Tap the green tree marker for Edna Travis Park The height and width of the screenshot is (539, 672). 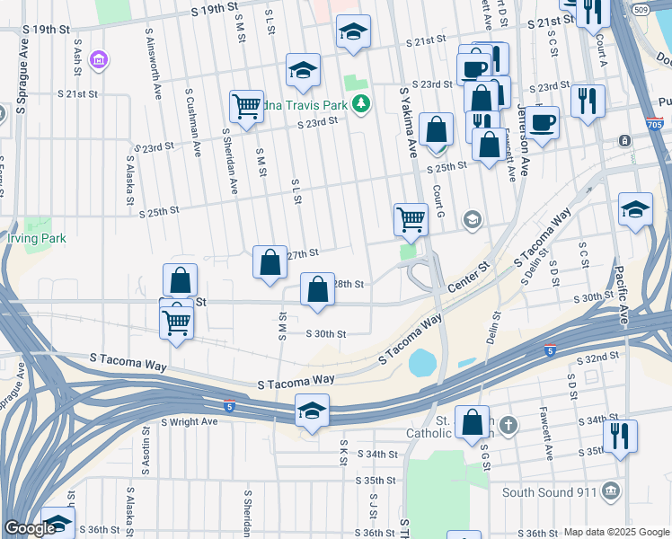tap(361, 104)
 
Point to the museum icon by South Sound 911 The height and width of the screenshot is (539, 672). tap(611, 491)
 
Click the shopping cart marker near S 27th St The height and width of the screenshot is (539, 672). tap(411, 218)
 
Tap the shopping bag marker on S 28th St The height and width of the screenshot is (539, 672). tap(317, 290)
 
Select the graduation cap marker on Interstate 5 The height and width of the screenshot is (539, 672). tap(312, 411)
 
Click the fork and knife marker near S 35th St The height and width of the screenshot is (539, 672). tap(620, 437)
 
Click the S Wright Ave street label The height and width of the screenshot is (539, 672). tap(190, 421)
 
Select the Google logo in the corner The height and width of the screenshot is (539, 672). tap(29, 528)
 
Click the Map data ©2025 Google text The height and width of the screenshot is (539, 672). tap(615, 532)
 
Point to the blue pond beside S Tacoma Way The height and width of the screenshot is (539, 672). tap(420, 363)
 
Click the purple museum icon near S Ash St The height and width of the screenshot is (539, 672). tap(100, 60)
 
